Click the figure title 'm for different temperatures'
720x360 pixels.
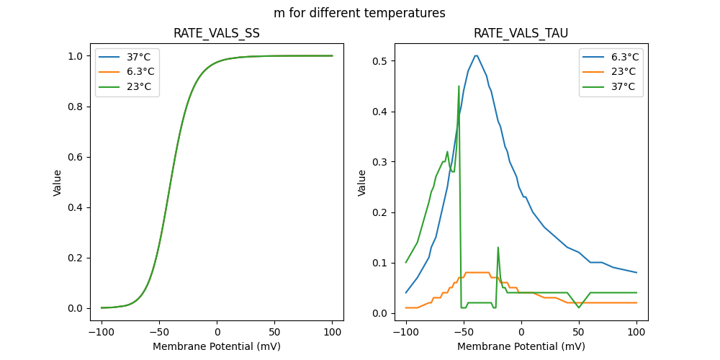(359, 13)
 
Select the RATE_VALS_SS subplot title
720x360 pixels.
(217, 33)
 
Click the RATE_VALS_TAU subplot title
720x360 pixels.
(521, 33)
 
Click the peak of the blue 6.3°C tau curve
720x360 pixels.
(476, 55)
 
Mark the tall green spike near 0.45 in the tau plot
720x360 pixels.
(459, 86)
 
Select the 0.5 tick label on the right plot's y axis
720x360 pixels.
(383, 61)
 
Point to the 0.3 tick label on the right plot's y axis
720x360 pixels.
(383, 162)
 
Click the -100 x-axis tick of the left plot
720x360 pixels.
(102, 332)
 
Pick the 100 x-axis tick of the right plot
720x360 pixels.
(636, 332)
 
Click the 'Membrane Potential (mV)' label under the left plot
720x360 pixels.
(217, 346)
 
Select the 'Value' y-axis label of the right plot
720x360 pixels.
(362, 182)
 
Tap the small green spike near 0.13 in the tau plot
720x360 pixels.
(498, 248)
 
